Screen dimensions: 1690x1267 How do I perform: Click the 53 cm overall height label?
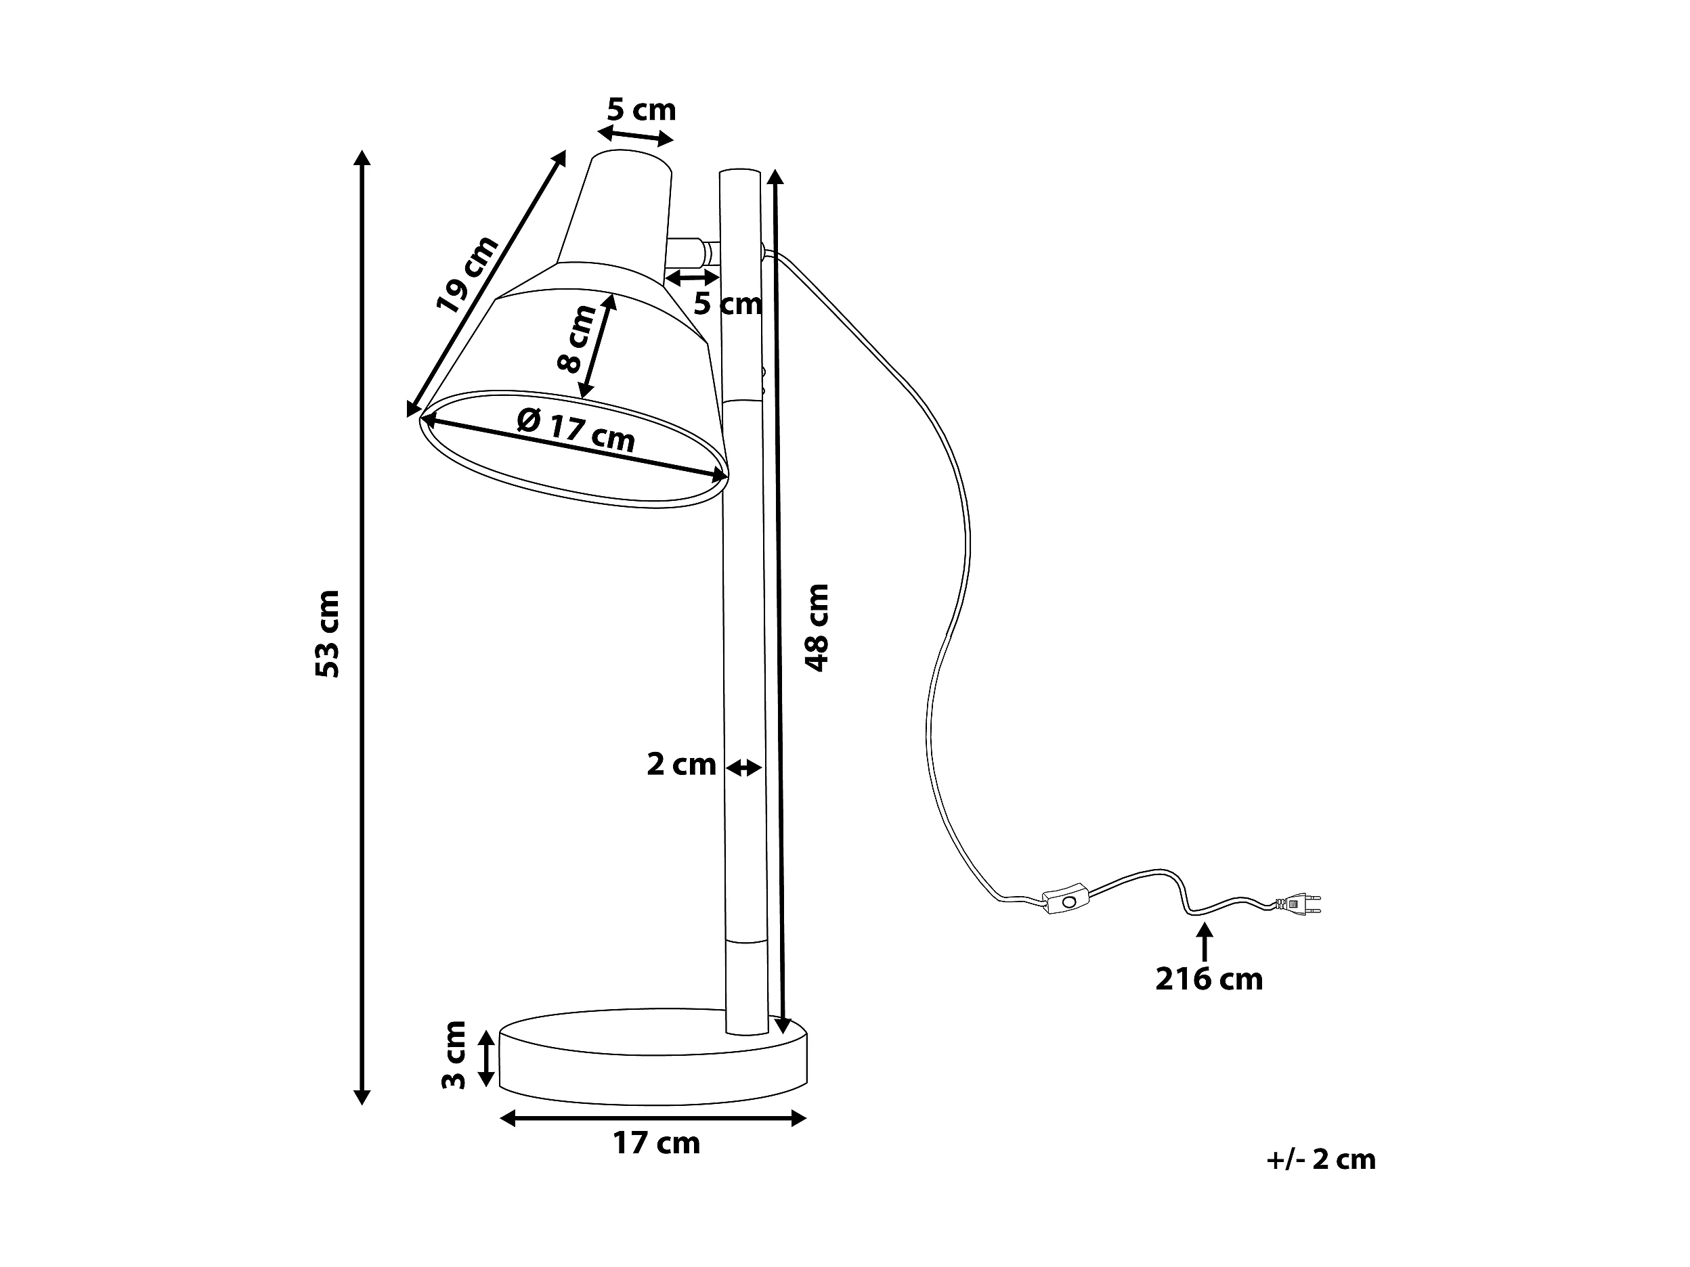327,633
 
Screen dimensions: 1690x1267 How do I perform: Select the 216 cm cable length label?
1209,979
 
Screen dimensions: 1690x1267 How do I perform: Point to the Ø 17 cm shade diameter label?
577,430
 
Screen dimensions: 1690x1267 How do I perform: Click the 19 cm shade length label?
467,275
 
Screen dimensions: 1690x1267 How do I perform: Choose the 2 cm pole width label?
680,765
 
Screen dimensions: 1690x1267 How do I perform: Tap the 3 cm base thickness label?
454,1055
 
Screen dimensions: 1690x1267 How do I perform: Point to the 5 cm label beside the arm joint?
727,305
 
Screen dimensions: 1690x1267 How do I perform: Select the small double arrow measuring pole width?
743,768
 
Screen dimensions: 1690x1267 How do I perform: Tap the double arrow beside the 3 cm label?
486,1058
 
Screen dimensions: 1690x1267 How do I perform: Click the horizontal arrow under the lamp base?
653,1119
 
